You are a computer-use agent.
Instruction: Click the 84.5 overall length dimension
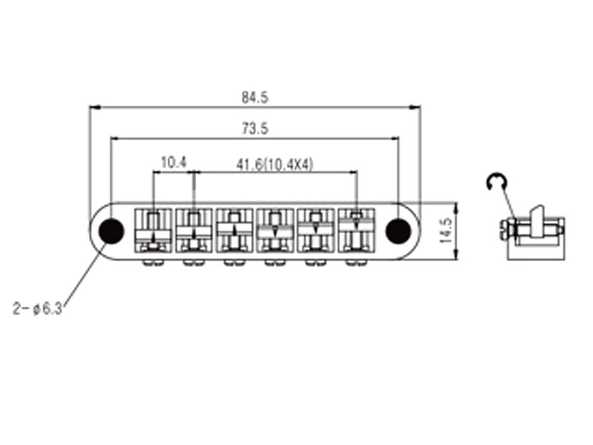[x=255, y=98]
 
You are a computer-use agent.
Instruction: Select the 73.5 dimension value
[x=255, y=129]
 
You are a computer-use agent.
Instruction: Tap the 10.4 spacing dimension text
[x=174, y=163]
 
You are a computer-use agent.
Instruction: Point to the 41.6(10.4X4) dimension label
[x=275, y=164]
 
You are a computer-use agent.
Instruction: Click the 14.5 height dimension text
[x=447, y=230]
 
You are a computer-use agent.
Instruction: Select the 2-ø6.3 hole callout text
[x=37, y=309]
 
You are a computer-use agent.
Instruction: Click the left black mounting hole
[x=111, y=231]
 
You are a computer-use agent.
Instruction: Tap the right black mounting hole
[x=398, y=231]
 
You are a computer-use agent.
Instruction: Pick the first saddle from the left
[x=153, y=230]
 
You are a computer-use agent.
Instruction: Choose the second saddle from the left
[x=194, y=230]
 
